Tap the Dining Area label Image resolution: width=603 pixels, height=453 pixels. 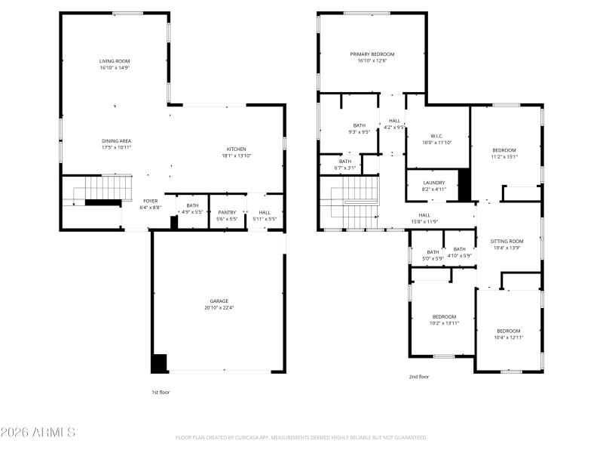pyautogui.click(x=117, y=141)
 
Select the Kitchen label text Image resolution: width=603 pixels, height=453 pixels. pyautogui.click(x=237, y=149)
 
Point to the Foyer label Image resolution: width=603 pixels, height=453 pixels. pyautogui.click(x=151, y=201)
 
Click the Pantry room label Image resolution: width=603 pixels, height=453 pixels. pyautogui.click(x=227, y=213)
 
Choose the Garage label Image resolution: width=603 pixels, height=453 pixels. pyautogui.click(x=219, y=300)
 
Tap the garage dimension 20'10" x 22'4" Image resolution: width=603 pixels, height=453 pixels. pyautogui.click(x=219, y=308)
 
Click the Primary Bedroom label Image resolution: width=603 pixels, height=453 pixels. pyautogui.click(x=372, y=54)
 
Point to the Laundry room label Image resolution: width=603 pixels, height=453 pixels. pyautogui.click(x=434, y=183)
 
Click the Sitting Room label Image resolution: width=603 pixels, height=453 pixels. pyautogui.click(x=507, y=242)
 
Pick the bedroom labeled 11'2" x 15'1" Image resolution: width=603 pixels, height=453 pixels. pyautogui.click(x=504, y=153)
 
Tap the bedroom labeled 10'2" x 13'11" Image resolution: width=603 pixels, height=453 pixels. pyautogui.click(x=444, y=319)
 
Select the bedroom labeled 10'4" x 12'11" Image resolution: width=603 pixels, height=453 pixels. pyautogui.click(x=508, y=334)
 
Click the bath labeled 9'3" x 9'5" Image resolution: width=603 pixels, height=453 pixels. pyautogui.click(x=359, y=128)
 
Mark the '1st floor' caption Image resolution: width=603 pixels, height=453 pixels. pyautogui.click(x=161, y=392)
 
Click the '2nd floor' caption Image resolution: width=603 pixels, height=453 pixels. pyautogui.click(x=418, y=376)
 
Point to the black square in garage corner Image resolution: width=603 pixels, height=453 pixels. pyautogui.click(x=159, y=363)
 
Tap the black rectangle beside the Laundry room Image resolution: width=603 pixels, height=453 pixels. pyautogui.click(x=464, y=183)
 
